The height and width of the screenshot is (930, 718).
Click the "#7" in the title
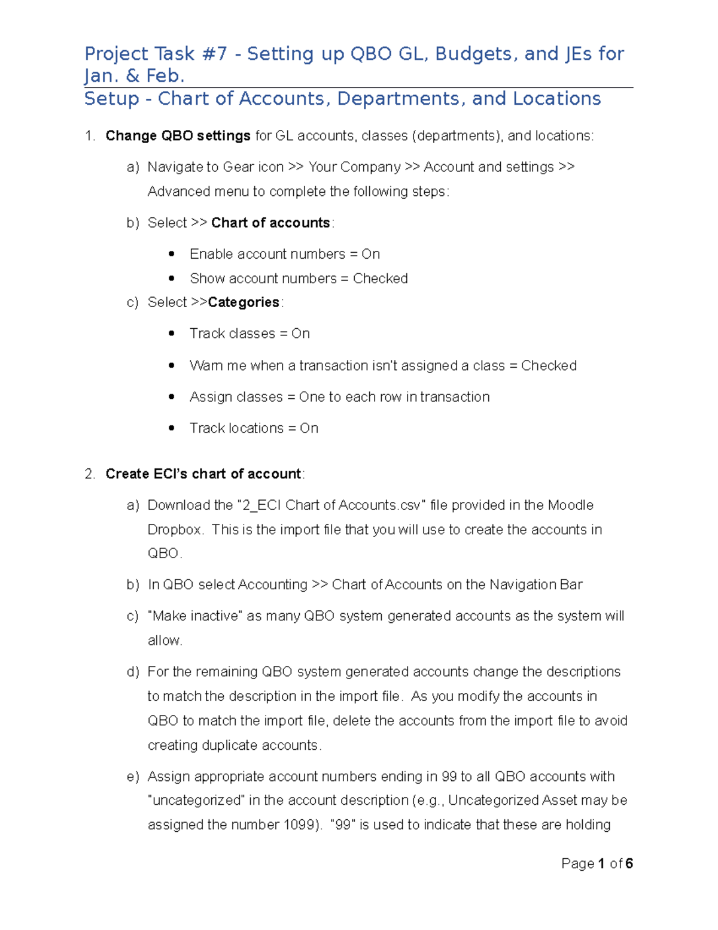pyautogui.click(x=215, y=54)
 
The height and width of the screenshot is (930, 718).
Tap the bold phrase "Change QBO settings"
pyautogui.click(x=178, y=136)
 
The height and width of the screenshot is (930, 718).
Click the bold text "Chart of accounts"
pyautogui.click(x=270, y=223)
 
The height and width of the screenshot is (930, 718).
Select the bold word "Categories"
pyautogui.click(x=244, y=302)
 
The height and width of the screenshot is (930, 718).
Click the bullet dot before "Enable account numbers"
pyautogui.click(x=172, y=254)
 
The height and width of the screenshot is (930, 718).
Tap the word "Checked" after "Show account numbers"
pyautogui.click(x=381, y=278)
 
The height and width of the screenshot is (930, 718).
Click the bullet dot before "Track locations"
pyautogui.click(x=172, y=428)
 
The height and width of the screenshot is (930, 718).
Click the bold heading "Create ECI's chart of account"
pyautogui.click(x=203, y=474)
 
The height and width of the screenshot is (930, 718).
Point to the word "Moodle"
pyautogui.click(x=571, y=505)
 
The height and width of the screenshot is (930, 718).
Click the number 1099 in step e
pyautogui.click(x=299, y=825)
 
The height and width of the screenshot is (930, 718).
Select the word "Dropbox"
pyautogui.click(x=174, y=530)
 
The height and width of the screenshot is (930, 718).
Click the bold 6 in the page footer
pyautogui.click(x=629, y=864)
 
